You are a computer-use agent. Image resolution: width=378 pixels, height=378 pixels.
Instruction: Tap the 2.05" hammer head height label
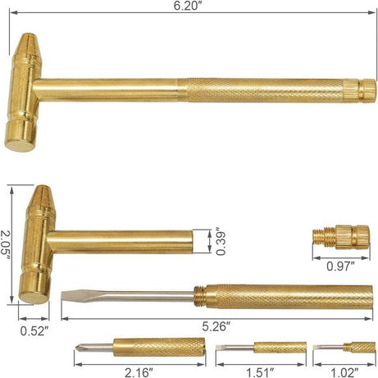click(x=7, y=244)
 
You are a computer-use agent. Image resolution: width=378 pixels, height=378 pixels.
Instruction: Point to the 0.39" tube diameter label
click(x=219, y=240)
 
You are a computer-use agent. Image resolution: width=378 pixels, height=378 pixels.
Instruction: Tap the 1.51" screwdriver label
click(x=261, y=371)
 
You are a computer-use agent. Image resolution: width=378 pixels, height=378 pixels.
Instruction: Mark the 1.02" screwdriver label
click(x=343, y=371)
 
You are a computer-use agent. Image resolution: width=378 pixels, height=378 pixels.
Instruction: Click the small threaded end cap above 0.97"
click(x=341, y=237)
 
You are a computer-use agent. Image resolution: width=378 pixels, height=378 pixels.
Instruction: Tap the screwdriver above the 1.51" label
click(x=261, y=348)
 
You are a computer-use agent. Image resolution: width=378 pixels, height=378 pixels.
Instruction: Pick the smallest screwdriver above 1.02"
click(x=344, y=348)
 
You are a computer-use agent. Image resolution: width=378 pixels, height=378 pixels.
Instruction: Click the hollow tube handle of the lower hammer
click(x=123, y=240)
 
